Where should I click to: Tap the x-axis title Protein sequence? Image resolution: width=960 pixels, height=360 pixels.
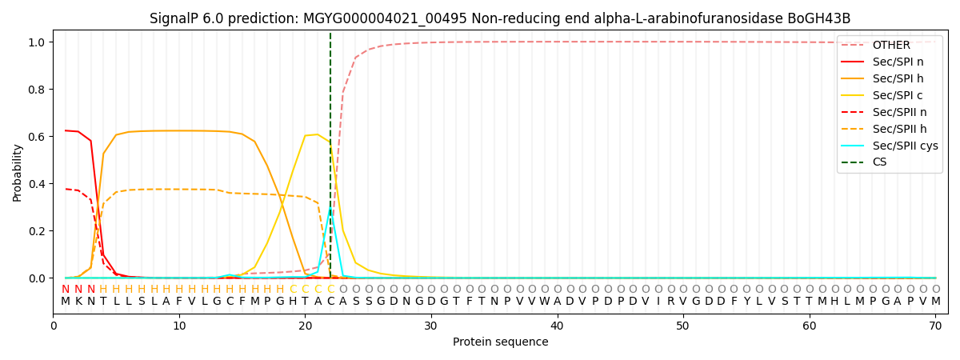pos(500,342)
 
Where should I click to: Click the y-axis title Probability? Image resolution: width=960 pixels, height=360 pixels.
pos(18,173)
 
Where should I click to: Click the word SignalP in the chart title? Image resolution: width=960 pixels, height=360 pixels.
pos(173,18)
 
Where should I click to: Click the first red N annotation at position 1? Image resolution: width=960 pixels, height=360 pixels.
pos(66,290)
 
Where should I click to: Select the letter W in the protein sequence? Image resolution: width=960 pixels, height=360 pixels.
pos(544,302)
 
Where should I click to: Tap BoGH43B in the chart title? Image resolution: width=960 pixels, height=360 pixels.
pos(823,18)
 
